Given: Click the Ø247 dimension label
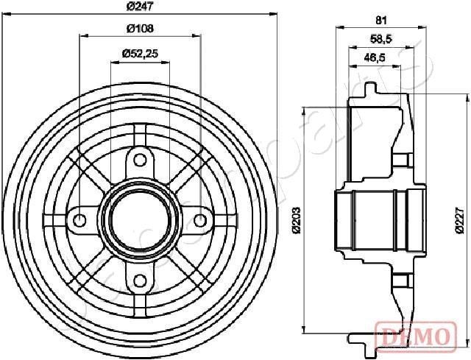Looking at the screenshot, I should click(x=139, y=7).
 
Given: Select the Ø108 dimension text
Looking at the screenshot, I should click(x=139, y=29).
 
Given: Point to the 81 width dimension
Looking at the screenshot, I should click(x=380, y=20).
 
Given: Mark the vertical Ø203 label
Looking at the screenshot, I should click(x=296, y=220).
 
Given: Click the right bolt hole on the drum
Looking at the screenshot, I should click(x=199, y=219).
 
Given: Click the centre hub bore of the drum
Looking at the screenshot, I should click(x=140, y=219).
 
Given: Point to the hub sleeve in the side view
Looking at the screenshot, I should click(x=379, y=219).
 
